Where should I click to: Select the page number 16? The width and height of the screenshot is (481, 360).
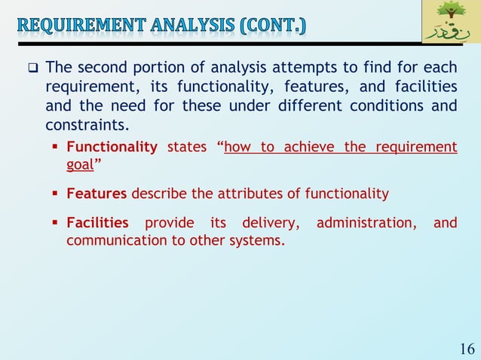pos(466,349)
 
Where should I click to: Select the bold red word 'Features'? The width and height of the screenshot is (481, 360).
pos(97,194)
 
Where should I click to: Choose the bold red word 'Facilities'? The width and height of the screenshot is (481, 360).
pos(98,223)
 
